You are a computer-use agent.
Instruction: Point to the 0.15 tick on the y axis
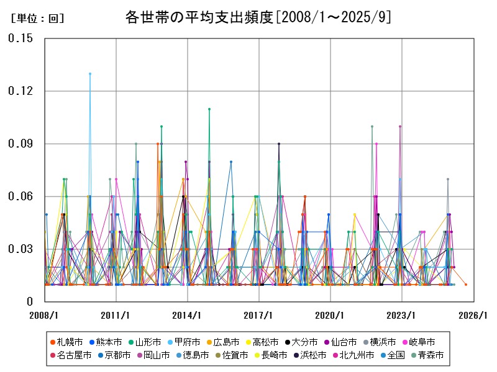pos(21,38)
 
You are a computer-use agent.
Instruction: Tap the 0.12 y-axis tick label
pos(21,91)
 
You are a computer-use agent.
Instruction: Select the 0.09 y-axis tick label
pos(21,144)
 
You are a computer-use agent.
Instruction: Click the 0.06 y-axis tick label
pos(21,197)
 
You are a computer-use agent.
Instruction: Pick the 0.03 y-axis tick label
pos(21,249)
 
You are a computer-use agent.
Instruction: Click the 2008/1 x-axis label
pos(44,315)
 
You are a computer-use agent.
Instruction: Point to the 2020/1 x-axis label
pos(331,315)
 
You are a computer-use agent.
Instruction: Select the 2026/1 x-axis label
pos(473,315)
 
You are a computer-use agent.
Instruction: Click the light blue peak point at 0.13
pos(90,74)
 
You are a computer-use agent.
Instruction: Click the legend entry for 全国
pos(396,355)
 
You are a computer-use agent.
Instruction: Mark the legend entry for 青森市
pos(431,355)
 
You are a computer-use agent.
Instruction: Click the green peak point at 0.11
pos(209,109)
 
